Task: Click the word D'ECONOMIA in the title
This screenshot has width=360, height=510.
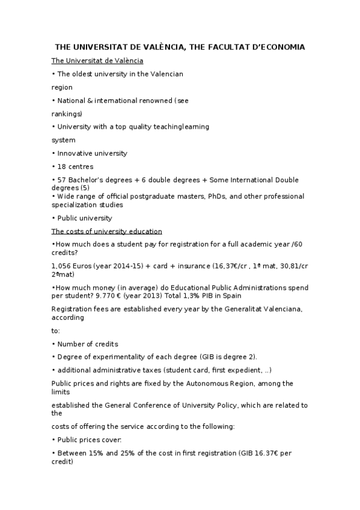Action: tap(276, 46)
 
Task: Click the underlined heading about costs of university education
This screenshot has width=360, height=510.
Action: tap(106, 232)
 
